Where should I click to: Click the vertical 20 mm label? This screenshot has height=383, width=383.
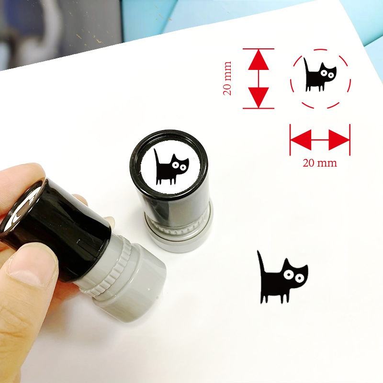(x=227, y=78)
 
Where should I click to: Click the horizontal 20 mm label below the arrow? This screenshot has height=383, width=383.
(x=320, y=163)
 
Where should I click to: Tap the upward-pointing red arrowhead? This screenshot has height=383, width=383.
(x=259, y=59)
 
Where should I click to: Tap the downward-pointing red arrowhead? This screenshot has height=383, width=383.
(x=259, y=98)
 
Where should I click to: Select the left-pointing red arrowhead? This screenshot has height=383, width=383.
(x=301, y=140)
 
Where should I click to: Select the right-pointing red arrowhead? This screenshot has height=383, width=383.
(x=339, y=140)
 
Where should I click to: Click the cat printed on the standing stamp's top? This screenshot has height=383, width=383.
(x=171, y=167)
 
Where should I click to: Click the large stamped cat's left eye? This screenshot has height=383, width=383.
(x=288, y=275)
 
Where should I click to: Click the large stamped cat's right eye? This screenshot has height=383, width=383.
(x=300, y=278)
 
